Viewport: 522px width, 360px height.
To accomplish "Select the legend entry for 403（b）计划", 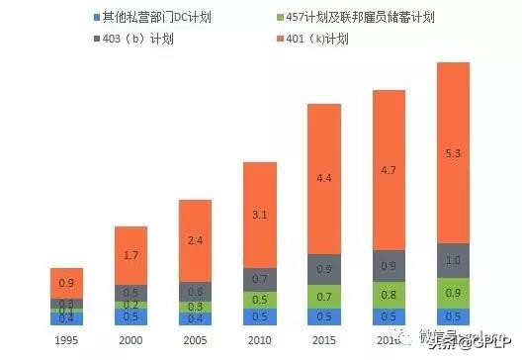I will (138, 41).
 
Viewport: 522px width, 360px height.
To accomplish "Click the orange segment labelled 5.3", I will (453, 153).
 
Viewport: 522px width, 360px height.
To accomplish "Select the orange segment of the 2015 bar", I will (324, 178).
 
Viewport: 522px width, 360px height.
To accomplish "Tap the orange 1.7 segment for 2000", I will (130, 254).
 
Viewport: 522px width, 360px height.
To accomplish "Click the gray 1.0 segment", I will (453, 261).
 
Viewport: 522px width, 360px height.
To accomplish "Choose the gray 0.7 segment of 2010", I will (260, 279).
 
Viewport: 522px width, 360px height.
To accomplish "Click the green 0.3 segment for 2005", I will (195, 307).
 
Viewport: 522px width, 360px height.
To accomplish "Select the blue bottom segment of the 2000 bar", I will (130, 316).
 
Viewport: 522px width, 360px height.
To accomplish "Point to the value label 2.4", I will (195, 239).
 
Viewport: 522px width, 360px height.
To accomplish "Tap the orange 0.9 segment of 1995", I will (66, 283).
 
